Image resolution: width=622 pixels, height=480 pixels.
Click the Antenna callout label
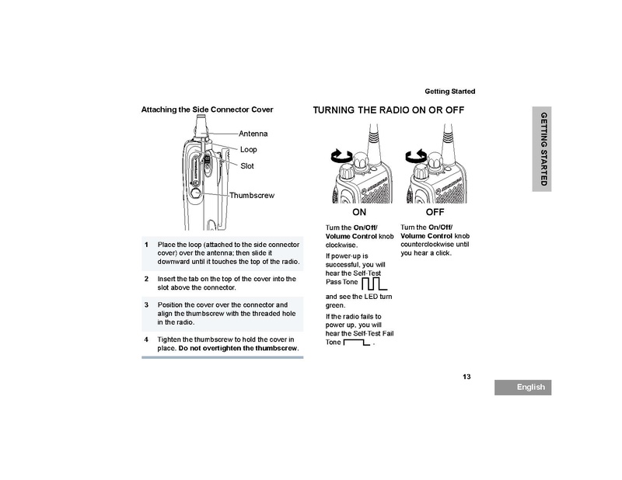pyautogui.click(x=253, y=134)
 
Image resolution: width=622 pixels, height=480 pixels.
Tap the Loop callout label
pyautogui.click(x=248, y=149)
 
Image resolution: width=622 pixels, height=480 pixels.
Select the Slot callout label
pyautogui.click(x=247, y=165)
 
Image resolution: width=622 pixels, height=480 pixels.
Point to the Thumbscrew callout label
pyautogui.click(x=252, y=196)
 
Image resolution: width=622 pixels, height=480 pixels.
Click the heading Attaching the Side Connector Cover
pyautogui.click(x=207, y=110)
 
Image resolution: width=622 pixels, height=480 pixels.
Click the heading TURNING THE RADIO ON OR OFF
pyautogui.click(x=388, y=110)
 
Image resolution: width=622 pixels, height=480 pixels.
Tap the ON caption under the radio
pyautogui.click(x=358, y=211)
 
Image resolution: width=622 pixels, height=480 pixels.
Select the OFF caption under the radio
pyautogui.click(x=435, y=211)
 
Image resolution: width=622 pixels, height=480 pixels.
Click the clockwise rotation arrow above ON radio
pyautogui.click(x=341, y=156)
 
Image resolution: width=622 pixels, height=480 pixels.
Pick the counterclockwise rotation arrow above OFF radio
pyautogui.click(x=417, y=156)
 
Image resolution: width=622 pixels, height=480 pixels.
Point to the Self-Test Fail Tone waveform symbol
pyautogui.click(x=356, y=342)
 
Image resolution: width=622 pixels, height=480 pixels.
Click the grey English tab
pyautogui.click(x=522, y=387)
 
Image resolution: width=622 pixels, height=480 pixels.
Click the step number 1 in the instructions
pyautogui.click(x=146, y=245)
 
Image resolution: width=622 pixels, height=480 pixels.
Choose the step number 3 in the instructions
pyautogui.click(x=146, y=304)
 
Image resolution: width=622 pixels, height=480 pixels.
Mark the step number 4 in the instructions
pyautogui.click(x=146, y=340)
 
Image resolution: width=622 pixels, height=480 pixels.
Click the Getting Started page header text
pyautogui.click(x=449, y=92)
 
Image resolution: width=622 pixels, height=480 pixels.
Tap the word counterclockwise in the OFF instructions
pyautogui.click(x=425, y=244)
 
